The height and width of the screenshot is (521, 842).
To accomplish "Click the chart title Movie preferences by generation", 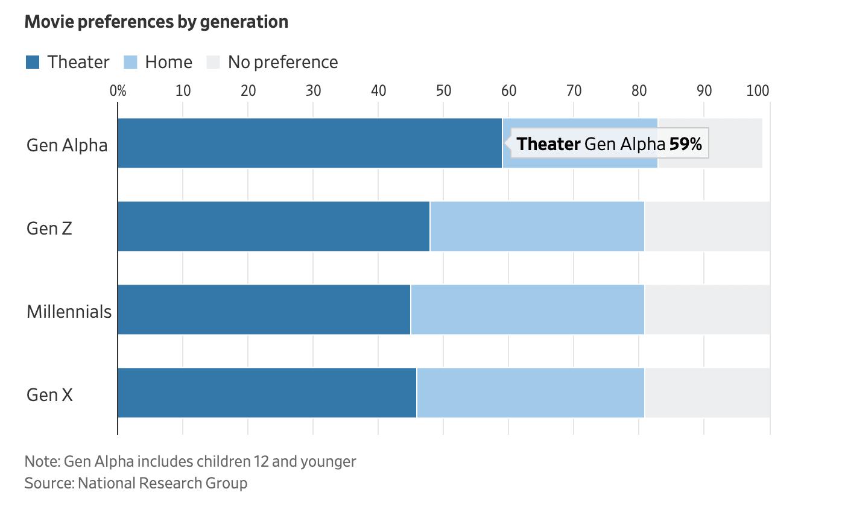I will point(156,22).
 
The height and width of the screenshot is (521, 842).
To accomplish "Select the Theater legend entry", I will point(68,62).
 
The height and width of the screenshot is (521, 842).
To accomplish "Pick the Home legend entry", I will point(158,62).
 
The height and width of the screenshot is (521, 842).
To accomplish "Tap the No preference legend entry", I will point(272,62).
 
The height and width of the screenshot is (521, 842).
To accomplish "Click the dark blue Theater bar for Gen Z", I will point(273,226).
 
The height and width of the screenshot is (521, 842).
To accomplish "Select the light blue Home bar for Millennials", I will point(527,309).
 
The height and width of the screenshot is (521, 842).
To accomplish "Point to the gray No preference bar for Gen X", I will point(707,393).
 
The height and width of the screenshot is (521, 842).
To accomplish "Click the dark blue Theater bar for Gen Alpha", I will point(309,143).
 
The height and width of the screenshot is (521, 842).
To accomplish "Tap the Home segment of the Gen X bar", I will point(530,393).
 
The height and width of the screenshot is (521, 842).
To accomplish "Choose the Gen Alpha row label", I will point(67,145).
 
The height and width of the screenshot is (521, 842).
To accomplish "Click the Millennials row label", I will point(69,312).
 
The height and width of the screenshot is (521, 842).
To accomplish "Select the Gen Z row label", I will point(49,229).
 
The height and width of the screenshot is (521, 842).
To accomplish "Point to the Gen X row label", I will point(49,395).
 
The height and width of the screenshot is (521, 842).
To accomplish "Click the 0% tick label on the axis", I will point(118,90).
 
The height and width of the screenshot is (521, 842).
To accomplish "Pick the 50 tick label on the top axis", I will point(443,90).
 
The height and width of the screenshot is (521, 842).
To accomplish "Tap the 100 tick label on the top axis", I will point(758,90).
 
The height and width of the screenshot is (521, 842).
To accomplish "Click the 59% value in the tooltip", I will point(685,144).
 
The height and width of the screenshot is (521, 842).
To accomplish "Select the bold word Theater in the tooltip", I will point(548,144).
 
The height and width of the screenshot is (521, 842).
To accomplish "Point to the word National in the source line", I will point(106,483).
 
